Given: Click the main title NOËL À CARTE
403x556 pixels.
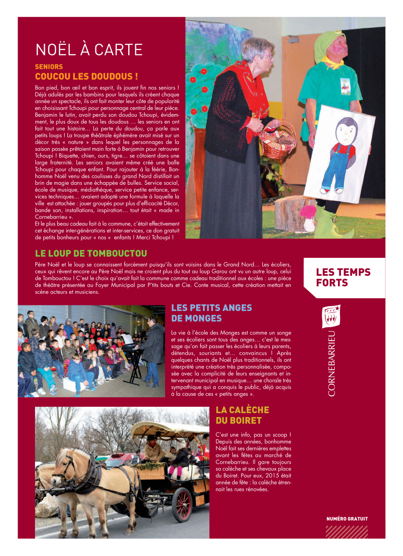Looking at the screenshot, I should click(x=89, y=50).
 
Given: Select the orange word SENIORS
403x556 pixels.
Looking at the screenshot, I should click(x=49, y=67).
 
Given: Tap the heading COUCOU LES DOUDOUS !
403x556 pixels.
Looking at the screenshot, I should click(x=86, y=77).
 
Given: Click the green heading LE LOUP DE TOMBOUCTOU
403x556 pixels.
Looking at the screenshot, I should click(x=91, y=254).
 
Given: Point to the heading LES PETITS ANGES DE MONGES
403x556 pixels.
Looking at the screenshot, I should click(x=212, y=313).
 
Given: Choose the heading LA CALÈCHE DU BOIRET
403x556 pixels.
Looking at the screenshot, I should click(x=242, y=415).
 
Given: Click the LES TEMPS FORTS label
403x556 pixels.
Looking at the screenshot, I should click(x=343, y=277).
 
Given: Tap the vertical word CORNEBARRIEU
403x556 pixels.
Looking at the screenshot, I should click(x=332, y=363).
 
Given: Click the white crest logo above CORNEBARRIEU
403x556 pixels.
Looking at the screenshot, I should click(x=331, y=316).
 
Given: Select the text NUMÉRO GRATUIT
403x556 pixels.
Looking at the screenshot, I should click(x=347, y=519).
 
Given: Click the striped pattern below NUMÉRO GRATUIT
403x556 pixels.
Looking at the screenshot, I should click(x=347, y=531).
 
